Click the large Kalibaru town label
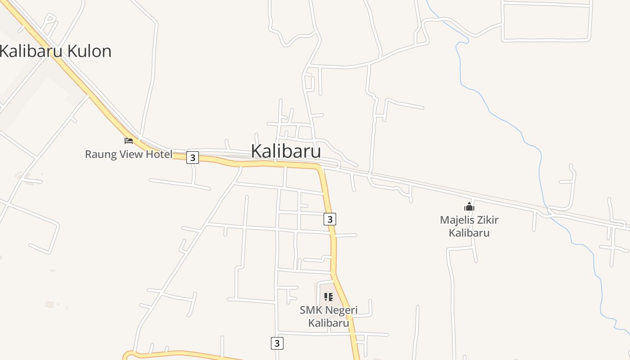(286, 151)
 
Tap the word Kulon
(90, 51)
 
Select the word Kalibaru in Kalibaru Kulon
(31, 51)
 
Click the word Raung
(100, 154)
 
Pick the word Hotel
(158, 154)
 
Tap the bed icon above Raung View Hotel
(129, 141)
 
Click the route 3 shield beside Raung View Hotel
(193, 157)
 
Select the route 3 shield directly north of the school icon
(330, 219)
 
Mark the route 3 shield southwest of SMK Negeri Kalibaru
(277, 343)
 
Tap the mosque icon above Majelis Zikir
(469, 207)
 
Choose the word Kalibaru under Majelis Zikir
(469, 233)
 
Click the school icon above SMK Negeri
(328, 297)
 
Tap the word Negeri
(341, 310)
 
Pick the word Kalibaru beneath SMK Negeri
(328, 323)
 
